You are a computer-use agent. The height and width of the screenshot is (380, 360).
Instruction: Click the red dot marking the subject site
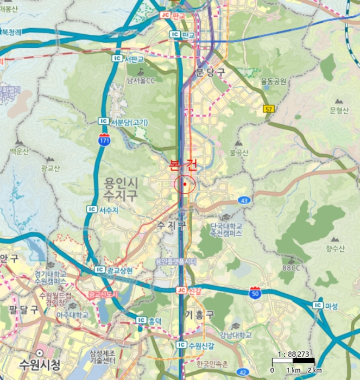pyautogui.click(x=185, y=185)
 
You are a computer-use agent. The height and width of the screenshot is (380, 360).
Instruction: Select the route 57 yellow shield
pyautogui.click(x=268, y=109)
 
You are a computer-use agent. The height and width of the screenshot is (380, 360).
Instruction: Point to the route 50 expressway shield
pyautogui.click(x=255, y=293)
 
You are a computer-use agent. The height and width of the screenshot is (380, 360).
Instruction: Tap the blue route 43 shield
pyautogui.click(x=245, y=200)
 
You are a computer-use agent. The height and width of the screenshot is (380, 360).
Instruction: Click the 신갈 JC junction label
pyautogui.click(x=188, y=290)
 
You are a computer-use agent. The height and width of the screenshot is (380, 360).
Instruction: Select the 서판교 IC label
pyautogui.click(x=129, y=59)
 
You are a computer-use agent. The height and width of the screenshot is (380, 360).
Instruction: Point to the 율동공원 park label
pyautogui.click(x=273, y=81)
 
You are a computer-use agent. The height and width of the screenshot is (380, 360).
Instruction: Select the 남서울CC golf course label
pyautogui.click(x=141, y=80)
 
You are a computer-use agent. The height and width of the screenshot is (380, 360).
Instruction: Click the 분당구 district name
pyautogui.click(x=209, y=72)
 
